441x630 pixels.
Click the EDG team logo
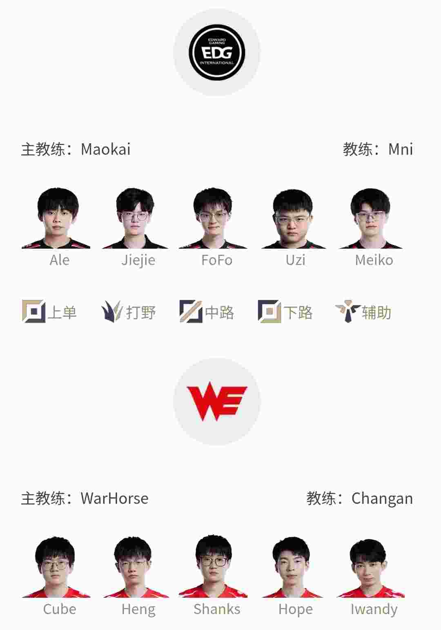(x=217, y=52)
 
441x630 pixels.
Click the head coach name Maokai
(x=105, y=149)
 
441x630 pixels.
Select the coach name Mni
(x=401, y=149)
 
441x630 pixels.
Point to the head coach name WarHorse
(x=114, y=499)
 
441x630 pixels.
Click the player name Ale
(x=60, y=260)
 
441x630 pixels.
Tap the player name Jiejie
(x=138, y=260)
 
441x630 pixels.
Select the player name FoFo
(x=217, y=260)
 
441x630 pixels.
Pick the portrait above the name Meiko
(x=371, y=218)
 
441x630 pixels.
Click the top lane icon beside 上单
(x=34, y=312)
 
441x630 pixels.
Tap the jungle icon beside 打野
(x=112, y=312)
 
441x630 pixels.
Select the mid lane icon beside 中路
(x=191, y=312)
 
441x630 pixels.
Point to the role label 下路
(x=298, y=312)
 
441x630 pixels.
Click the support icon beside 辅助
(x=348, y=312)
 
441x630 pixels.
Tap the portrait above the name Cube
(x=56, y=567)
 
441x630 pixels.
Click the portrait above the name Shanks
(x=213, y=566)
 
